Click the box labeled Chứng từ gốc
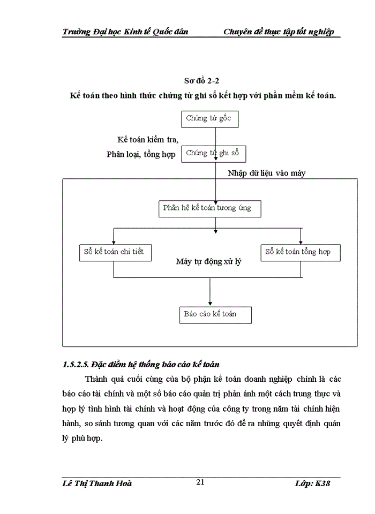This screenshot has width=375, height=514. point(208,118)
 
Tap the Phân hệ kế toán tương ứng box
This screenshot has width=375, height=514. point(212,208)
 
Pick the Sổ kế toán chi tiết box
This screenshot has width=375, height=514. point(115,252)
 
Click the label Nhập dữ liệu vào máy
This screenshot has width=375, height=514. point(266,173)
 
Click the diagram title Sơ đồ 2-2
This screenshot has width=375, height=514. point(202,81)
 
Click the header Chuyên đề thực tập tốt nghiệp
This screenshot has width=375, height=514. point(279,32)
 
